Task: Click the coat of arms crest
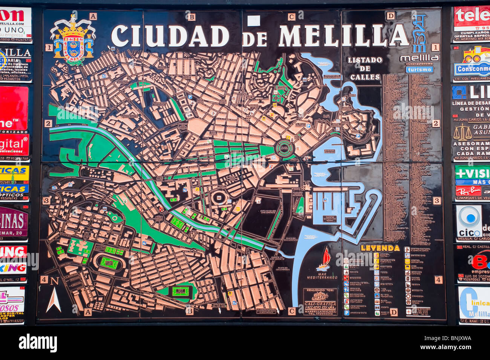[73, 39]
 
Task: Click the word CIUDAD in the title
[170, 36]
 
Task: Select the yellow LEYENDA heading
[380, 248]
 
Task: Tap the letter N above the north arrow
[54, 281]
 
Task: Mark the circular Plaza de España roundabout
[285, 148]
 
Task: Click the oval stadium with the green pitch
[109, 262]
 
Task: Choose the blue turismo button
[419, 70]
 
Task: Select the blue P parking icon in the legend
[346, 313]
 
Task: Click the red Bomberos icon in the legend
[346, 277]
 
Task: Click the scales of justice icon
[462, 133]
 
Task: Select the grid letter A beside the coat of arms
[93, 16]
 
